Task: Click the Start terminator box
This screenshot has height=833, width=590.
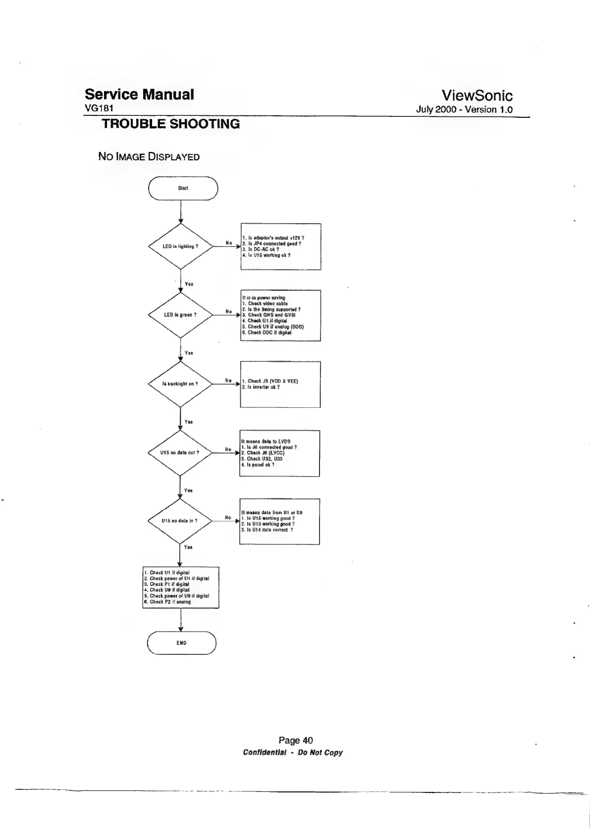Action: pos(183,188)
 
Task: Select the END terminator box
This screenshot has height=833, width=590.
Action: pos(181,643)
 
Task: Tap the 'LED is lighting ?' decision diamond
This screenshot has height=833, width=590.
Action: pos(181,246)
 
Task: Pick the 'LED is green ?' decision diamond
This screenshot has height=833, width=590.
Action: pos(181,315)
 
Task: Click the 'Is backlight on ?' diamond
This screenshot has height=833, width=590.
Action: pos(180,384)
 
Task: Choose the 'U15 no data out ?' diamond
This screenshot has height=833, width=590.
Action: pos(180,452)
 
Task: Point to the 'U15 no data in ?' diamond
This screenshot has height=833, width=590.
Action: pos(180,521)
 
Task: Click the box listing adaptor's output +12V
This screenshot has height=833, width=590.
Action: pos(280,246)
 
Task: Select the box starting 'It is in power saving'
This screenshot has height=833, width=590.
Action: pos(280,315)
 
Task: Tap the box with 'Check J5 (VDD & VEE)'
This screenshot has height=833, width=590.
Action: pos(280,384)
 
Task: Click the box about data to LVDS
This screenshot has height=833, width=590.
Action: pos(280,453)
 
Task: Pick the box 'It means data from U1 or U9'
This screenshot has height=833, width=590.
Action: pos(279,521)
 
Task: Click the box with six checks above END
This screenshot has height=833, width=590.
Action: pos(181,588)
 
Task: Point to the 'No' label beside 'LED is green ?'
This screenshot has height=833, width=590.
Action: pos(228,311)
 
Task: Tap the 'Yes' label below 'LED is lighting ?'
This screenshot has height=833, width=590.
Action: pos(189,284)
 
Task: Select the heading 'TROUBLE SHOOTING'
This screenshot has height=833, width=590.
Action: pos(170,124)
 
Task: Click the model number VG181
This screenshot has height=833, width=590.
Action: pos(100,109)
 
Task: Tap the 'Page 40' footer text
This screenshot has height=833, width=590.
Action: pos(295,740)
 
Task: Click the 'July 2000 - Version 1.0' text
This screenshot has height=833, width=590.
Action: pos(464,110)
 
